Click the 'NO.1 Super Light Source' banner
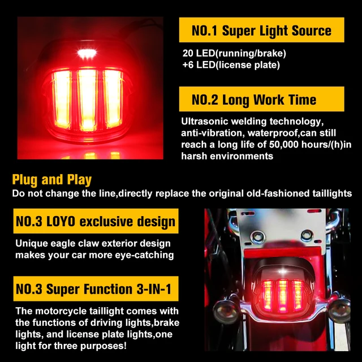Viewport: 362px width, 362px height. [x=261, y=30]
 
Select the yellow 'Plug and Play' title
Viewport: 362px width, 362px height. [x=51, y=180]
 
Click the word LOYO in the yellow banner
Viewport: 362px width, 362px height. [x=61, y=221]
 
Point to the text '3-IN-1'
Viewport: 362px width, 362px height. [x=154, y=289]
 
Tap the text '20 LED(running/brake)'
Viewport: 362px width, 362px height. [x=234, y=53]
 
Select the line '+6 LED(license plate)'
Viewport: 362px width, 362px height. [x=231, y=65]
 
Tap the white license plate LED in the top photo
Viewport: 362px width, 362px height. [x=87, y=54]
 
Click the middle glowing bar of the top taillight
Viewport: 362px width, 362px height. [x=87, y=100]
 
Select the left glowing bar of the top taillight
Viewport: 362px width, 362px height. [x=61, y=100]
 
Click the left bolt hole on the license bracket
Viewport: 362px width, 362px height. [x=256, y=236]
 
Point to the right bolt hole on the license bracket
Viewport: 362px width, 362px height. [x=307, y=235]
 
